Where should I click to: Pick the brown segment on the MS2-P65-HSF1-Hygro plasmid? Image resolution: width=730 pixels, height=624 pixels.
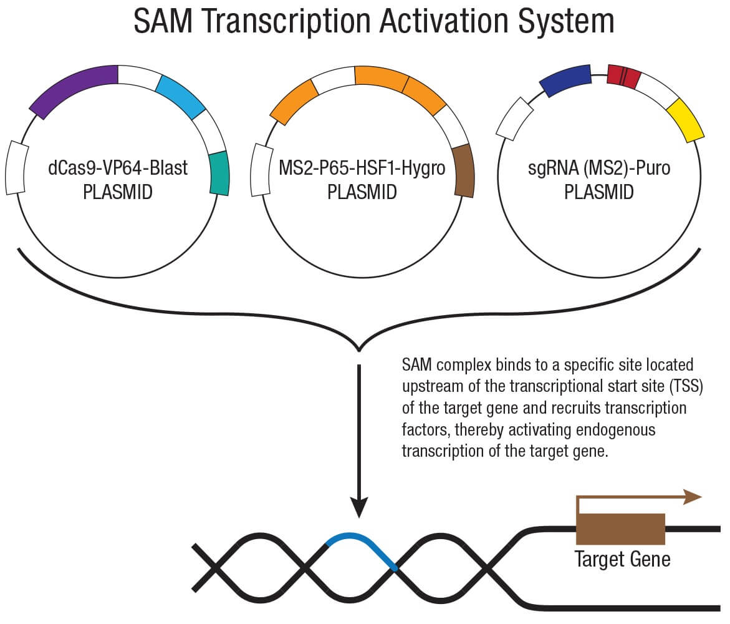(464, 170)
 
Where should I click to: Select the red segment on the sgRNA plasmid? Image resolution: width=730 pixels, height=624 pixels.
(624, 76)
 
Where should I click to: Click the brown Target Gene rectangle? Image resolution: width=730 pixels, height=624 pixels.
(620, 529)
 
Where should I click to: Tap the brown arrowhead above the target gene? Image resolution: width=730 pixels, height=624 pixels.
(693, 497)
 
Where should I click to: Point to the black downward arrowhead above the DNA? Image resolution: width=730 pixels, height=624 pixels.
(359, 507)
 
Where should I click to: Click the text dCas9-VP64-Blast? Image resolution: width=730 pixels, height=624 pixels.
(118, 168)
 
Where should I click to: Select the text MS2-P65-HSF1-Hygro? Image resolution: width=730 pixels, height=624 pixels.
(362, 168)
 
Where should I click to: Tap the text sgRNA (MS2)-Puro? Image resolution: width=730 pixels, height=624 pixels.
(599, 168)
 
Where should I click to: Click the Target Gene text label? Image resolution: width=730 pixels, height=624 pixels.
(622, 558)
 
